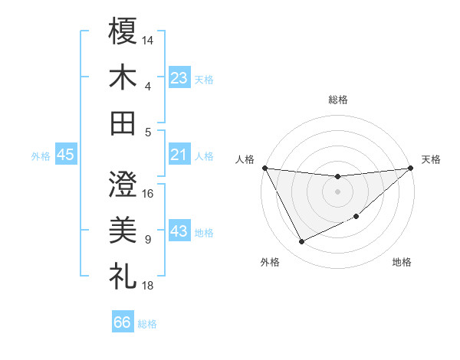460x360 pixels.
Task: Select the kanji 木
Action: pyautogui.click(x=123, y=77)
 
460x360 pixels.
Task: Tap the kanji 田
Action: pyautogui.click(x=123, y=122)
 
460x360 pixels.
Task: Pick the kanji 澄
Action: pyautogui.click(x=123, y=184)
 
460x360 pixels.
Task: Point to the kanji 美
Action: pyautogui.click(x=123, y=229)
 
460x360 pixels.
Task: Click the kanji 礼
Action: pyautogui.click(x=123, y=275)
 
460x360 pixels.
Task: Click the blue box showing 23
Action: pyautogui.click(x=179, y=77)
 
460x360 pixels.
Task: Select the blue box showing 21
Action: pyautogui.click(x=179, y=155)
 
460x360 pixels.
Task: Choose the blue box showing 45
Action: pyautogui.click(x=65, y=155)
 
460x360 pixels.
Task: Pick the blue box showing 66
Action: pyautogui.click(x=123, y=322)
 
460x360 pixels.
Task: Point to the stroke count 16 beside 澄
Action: pyautogui.click(x=148, y=193)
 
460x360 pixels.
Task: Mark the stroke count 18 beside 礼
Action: pyautogui.click(x=148, y=285)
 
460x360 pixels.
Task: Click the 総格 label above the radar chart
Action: pyautogui.click(x=337, y=100)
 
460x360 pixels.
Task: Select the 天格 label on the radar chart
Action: pyautogui.click(x=431, y=159)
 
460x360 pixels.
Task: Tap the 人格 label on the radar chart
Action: pyautogui.click(x=245, y=159)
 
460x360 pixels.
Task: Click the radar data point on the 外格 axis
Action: pyautogui.click(x=301, y=242)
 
